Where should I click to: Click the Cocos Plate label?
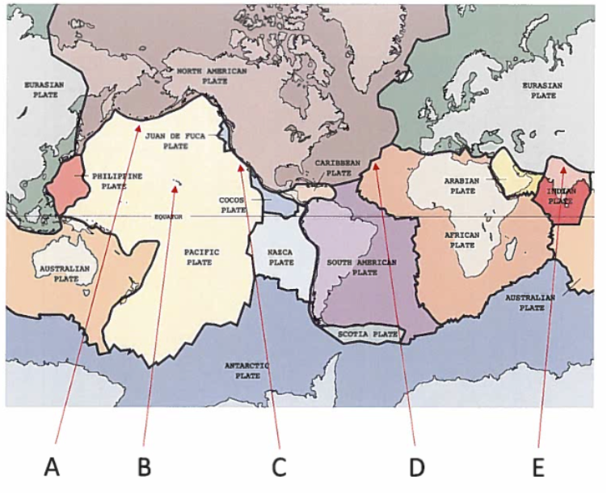click(x=234, y=204)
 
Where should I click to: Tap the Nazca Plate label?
click(x=281, y=257)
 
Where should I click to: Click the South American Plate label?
click(x=363, y=267)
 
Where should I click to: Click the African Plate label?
click(x=462, y=239)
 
